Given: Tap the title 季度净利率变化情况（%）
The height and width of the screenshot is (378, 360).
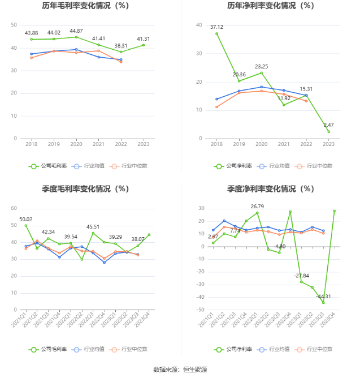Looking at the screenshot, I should tap(270, 189).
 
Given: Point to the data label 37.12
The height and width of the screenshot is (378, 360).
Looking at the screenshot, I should tap(216, 27).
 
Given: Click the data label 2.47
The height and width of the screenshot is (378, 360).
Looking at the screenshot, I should tap(328, 124).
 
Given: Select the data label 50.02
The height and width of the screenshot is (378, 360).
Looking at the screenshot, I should tap(25, 219).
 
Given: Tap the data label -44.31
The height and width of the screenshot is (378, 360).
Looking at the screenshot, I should tap(323, 296).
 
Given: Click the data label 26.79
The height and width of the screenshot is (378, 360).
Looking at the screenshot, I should tap(257, 206).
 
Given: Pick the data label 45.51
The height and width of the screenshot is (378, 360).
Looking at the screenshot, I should tap(93, 227).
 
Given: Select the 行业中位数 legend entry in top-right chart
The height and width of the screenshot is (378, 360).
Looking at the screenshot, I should tap(316, 166).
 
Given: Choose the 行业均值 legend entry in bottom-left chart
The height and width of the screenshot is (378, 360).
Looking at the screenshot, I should tap(90, 350).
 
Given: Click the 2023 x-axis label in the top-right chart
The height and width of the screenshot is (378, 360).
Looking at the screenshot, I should tap(328, 145).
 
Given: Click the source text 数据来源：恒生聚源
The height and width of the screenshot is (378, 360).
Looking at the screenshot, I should tap(180, 370).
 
